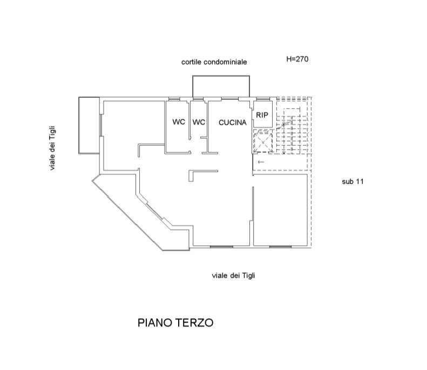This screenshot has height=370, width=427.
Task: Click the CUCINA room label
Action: tap(232, 123)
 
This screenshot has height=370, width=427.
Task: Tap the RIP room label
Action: tap(262, 115)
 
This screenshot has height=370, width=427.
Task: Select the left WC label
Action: tap(179, 122)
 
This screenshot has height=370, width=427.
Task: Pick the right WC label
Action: tap(199, 122)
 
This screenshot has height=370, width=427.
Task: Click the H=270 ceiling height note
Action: tap(297, 59)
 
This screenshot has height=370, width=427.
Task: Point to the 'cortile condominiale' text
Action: tap(214, 62)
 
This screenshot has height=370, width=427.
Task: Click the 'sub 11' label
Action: tap(353, 182)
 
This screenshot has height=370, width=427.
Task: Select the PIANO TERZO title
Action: tap(175, 323)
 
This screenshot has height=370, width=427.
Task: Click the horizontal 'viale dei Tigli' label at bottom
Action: tap(233, 275)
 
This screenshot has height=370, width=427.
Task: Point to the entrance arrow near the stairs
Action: tap(261, 162)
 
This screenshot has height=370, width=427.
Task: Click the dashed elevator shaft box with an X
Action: tap(263, 142)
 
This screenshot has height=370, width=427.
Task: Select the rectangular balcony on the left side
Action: tap(89, 125)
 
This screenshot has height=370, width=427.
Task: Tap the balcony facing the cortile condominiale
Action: tap(221, 86)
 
